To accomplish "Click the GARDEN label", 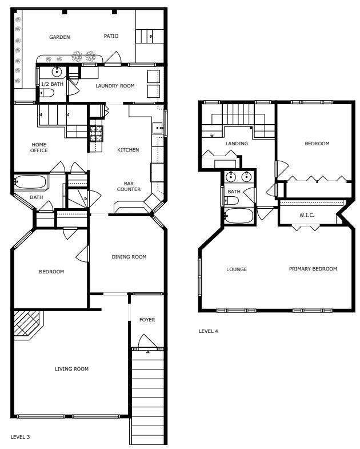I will click(x=59, y=37).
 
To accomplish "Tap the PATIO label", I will click(x=111, y=36).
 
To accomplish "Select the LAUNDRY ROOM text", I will click(x=115, y=86).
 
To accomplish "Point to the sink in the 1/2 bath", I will click(x=57, y=72).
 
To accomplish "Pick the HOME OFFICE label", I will click(x=39, y=148).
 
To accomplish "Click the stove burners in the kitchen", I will click(x=96, y=133).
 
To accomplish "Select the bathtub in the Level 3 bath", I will click(x=31, y=182).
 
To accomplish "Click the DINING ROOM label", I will click(x=129, y=257).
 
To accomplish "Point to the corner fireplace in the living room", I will click(x=26, y=324).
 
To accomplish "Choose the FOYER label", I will click(x=147, y=320).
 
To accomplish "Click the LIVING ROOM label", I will click(x=71, y=369).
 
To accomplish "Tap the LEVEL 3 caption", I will click(x=20, y=437).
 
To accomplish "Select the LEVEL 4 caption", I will click(x=208, y=331).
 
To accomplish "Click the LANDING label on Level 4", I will click(x=237, y=144).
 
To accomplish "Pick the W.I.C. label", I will click(x=307, y=216).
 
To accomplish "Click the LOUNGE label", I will click(x=237, y=269).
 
